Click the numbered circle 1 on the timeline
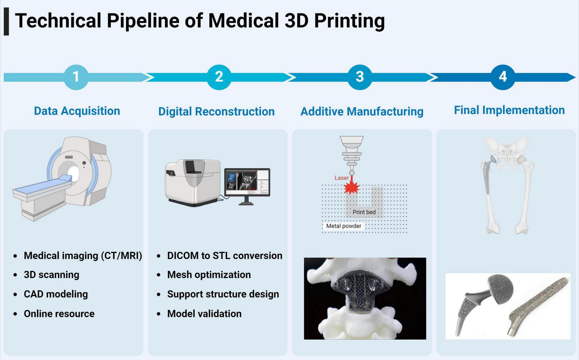76,77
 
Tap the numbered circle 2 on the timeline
219,77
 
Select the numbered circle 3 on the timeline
359,77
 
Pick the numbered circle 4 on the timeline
503,77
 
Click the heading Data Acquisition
77,111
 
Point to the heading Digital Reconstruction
216,111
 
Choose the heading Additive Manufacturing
362,111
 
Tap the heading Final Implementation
509,110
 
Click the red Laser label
341,178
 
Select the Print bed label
364,212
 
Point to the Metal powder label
343,226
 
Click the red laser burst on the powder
352,188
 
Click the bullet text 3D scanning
51,275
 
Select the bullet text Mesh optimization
209,275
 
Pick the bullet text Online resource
59,314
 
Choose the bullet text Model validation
204,314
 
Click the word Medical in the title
243,21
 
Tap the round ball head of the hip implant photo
500,289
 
